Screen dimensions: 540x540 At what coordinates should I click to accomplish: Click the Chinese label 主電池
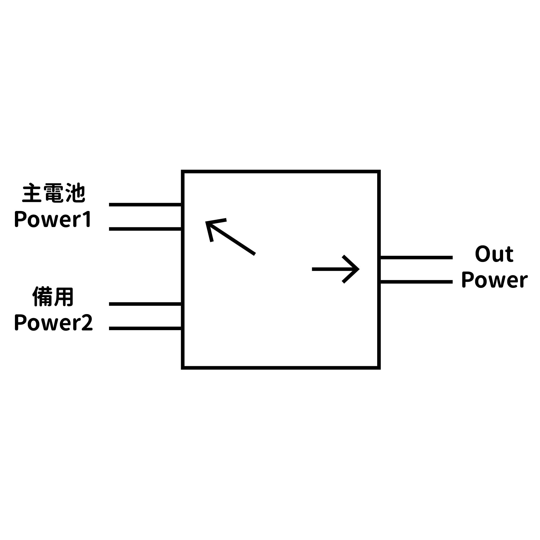[x=54, y=193]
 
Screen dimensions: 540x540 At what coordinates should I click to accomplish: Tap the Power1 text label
[x=53, y=220]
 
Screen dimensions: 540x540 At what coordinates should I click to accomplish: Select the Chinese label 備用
[x=53, y=297]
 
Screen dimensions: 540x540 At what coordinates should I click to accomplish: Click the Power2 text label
[x=53, y=323]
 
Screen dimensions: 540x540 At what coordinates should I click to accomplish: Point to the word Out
[x=494, y=254]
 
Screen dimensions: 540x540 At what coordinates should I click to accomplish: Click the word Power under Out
[x=494, y=280]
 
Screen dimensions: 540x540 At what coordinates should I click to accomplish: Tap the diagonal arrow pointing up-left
[x=230, y=237]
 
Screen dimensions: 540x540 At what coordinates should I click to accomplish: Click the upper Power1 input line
[x=145, y=205]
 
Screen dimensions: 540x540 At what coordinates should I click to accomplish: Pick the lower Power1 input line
[x=145, y=229]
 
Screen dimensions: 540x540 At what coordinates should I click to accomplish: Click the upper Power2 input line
[x=145, y=304]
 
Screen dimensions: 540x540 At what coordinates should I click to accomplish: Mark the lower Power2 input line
[x=145, y=328]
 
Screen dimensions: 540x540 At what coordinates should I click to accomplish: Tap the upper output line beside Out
[x=416, y=257]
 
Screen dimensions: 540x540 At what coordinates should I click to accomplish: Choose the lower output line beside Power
[x=416, y=282]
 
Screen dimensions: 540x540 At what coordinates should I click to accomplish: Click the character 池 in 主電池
[x=75, y=193]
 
